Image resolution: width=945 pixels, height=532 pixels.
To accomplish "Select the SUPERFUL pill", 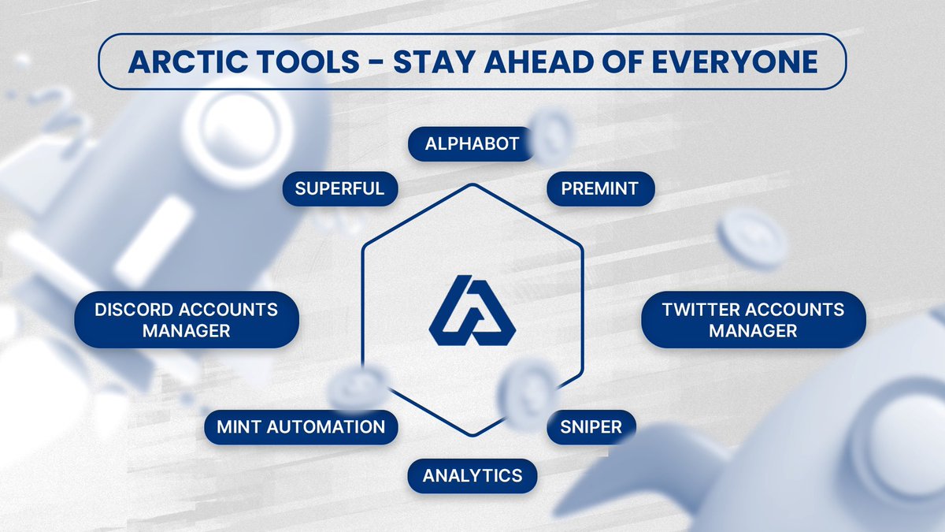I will coord(339,188).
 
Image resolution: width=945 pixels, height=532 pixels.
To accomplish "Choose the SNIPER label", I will coord(591,427).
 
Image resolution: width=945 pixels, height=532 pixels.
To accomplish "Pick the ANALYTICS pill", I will coord(472,475).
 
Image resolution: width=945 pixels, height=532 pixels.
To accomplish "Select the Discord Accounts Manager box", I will coord(186,320).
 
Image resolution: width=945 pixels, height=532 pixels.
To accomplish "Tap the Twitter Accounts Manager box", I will coord(753,320).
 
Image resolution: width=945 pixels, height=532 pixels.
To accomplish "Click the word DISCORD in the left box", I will coord(128,309).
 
